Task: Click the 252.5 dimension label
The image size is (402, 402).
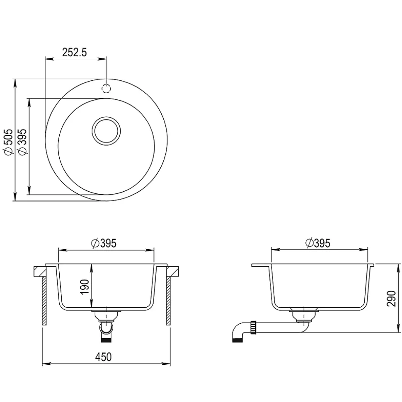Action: pos(75,52)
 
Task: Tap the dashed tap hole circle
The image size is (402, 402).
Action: pos(106,89)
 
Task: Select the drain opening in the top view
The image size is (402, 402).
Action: pos(106,131)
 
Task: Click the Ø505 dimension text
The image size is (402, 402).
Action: pos(8,142)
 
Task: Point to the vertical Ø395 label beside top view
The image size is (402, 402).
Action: pos(23,142)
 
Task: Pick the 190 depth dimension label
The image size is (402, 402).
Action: pos(85,287)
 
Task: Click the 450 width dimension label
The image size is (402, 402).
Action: pos(104,357)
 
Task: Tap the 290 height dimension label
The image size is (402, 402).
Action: pos(391,298)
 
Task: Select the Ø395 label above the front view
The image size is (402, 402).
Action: pos(104,243)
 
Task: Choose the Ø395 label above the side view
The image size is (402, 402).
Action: pos(318,243)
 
